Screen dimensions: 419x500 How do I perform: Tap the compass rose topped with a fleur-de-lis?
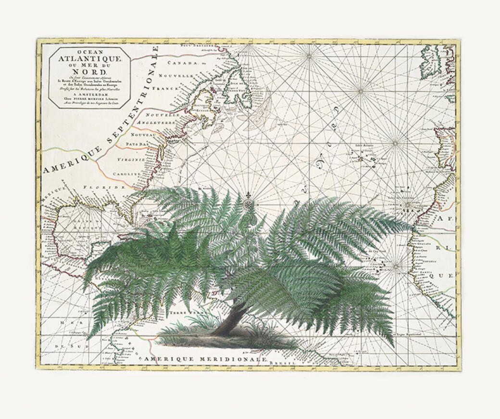click(x=249, y=204)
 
